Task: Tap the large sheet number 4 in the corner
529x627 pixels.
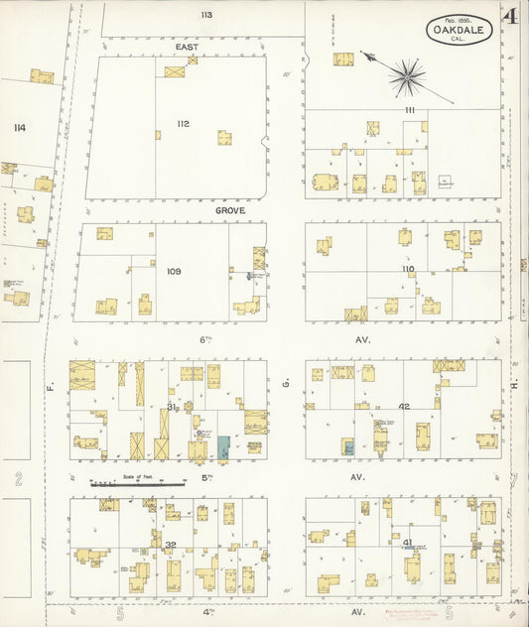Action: click(x=510, y=17)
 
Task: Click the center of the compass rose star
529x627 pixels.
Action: click(x=406, y=75)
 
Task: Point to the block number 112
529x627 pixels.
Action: click(x=183, y=124)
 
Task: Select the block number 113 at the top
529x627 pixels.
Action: click(x=205, y=15)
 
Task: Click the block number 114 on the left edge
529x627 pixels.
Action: click(x=19, y=128)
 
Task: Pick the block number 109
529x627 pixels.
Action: click(x=174, y=271)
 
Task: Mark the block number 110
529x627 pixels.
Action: click(x=408, y=269)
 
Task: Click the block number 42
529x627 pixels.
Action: click(x=404, y=407)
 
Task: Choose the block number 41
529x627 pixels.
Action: click(x=408, y=543)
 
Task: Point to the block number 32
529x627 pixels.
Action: click(x=171, y=545)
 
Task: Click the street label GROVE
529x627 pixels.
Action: click(x=229, y=210)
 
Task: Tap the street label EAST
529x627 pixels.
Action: click(x=188, y=47)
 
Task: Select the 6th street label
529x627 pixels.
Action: click(x=206, y=339)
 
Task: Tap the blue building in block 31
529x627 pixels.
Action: click(x=224, y=447)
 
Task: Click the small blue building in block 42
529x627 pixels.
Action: click(x=347, y=446)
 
